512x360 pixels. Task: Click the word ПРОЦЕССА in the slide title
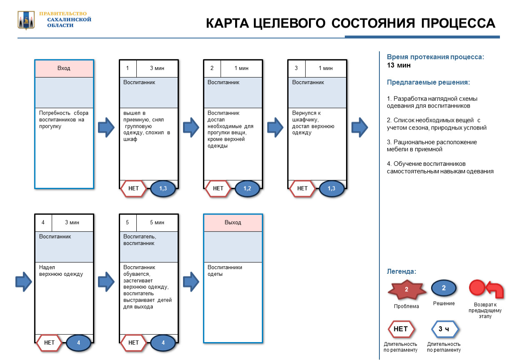[x=458, y=23]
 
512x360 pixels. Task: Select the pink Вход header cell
[x=64, y=68]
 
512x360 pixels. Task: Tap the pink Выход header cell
[x=233, y=222]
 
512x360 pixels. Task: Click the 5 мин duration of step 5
[x=157, y=222]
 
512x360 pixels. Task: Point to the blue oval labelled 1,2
[x=247, y=188]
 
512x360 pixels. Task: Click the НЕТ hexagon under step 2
[x=218, y=188]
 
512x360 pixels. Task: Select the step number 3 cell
[x=296, y=68]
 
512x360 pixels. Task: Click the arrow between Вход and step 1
[x=106, y=127]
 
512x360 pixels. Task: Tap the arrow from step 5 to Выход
[x=191, y=282]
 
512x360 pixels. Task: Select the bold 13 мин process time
[x=399, y=65]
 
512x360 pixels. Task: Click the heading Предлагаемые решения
[x=428, y=82]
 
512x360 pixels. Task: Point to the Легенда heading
[x=401, y=271]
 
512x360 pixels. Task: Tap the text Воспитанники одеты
[x=225, y=270]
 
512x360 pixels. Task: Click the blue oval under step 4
[x=78, y=342]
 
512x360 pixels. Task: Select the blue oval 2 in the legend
[x=444, y=288]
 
